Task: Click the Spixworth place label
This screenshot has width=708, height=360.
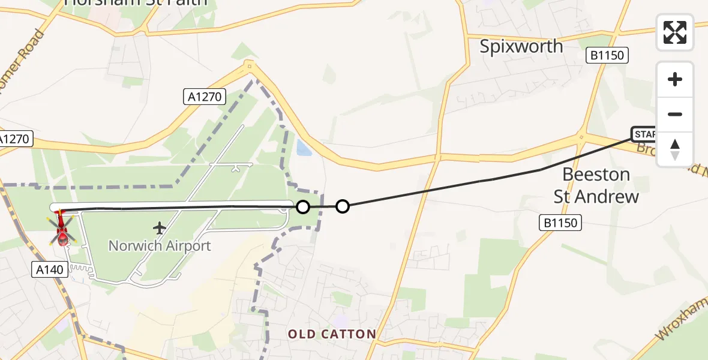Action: pyautogui.click(x=521, y=46)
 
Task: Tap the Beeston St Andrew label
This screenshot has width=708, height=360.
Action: pyautogui.click(x=596, y=185)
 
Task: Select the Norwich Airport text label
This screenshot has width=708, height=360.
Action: pyautogui.click(x=160, y=245)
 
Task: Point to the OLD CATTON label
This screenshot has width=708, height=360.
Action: pyautogui.click(x=332, y=334)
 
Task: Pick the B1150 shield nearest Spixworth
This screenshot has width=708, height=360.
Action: pyautogui.click(x=607, y=56)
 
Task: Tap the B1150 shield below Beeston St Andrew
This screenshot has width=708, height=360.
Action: pyautogui.click(x=560, y=223)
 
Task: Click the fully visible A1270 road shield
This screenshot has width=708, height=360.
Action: pyautogui.click(x=205, y=96)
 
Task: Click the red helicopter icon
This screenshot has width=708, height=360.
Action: pyautogui.click(x=62, y=229)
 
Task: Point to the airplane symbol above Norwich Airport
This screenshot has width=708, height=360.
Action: pyautogui.click(x=160, y=228)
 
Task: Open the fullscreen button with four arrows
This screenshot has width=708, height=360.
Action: pyautogui.click(x=675, y=32)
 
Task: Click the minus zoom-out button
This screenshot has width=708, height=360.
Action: pyautogui.click(x=675, y=115)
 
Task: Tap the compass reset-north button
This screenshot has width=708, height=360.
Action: pyautogui.click(x=675, y=149)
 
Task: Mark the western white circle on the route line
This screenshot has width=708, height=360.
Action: pyautogui.click(x=303, y=207)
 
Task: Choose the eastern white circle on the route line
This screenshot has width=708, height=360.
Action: pyautogui.click(x=342, y=206)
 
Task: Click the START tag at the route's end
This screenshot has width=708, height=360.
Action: pyautogui.click(x=644, y=134)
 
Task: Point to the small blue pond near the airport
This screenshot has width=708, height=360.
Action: pyautogui.click(x=304, y=147)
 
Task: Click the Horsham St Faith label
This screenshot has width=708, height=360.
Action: pyautogui.click(x=136, y=2)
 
